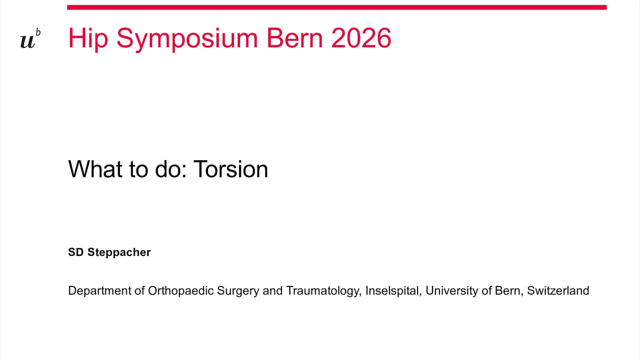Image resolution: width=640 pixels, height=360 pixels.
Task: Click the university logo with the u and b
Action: pos(30,39)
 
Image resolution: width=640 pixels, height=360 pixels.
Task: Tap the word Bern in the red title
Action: pos(294,38)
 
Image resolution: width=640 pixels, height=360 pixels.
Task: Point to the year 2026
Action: pos(361,38)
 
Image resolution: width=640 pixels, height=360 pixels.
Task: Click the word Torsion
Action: pos(231,169)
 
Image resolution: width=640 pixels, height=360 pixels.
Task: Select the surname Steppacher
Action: pos(119,252)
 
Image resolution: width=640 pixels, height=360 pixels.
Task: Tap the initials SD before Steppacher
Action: pos(76,252)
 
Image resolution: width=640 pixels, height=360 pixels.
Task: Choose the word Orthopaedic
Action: pos(181,291)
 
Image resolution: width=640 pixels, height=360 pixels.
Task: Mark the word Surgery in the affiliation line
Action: pos(238,291)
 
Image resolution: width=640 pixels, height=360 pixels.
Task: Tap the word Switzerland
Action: pos(558,291)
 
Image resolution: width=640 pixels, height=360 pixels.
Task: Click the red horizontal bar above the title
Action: pos(337,7)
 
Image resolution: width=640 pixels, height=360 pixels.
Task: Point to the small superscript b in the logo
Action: pos(38,32)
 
